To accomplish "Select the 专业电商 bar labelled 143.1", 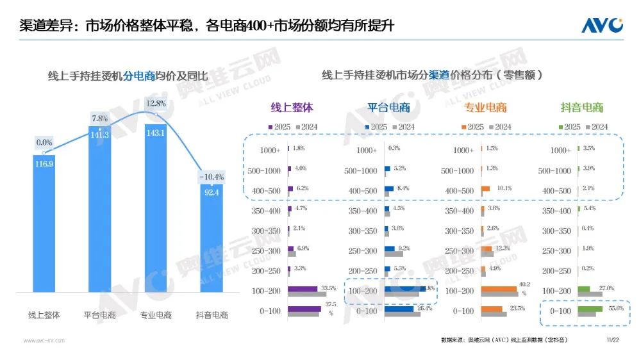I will click(156, 211).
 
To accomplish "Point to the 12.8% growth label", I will click(156, 103).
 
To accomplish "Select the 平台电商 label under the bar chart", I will click(99, 315).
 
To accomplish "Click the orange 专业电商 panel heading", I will click(485, 108).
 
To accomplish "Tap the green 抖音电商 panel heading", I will click(582, 108).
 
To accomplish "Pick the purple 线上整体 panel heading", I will click(292, 108).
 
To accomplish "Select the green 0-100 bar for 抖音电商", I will click(590, 309).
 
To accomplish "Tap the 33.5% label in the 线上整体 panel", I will click(329, 288).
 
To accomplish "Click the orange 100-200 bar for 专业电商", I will click(499, 289).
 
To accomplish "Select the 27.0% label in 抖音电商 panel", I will click(606, 288).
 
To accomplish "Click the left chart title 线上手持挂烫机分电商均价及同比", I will click(128, 76).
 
